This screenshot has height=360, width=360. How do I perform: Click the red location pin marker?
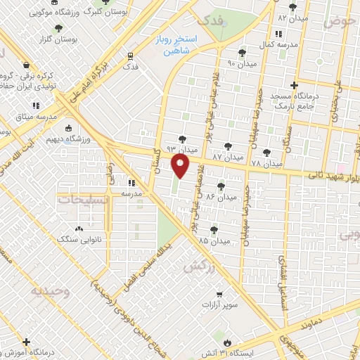tap(181, 166)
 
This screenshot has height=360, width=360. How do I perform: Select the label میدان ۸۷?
tap(227, 157)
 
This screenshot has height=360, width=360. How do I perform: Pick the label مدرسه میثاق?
tap(25, 116)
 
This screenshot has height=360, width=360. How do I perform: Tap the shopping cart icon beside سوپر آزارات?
tap(219, 295)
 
